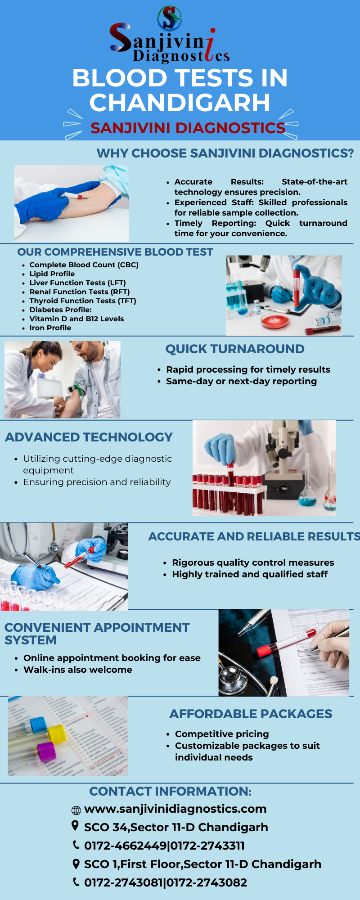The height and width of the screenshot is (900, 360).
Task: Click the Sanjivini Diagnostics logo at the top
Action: (170, 36)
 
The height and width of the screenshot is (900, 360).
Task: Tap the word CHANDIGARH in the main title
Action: (180, 103)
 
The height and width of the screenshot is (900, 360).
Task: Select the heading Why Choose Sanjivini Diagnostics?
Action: (225, 153)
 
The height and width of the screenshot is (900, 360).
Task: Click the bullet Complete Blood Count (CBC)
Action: (84, 265)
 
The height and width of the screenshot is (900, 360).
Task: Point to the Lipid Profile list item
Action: (52, 274)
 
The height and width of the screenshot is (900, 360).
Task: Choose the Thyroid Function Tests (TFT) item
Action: (82, 301)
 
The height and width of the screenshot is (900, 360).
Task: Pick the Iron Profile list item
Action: (50, 328)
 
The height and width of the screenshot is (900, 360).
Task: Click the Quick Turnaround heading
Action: (234, 349)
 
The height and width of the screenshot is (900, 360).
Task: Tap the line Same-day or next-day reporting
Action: (241, 381)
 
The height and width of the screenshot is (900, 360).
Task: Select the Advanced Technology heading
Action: (89, 437)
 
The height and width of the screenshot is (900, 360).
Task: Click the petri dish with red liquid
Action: (275, 321)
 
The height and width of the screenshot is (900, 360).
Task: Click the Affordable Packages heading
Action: (251, 714)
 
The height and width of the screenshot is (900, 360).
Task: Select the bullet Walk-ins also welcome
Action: (77, 670)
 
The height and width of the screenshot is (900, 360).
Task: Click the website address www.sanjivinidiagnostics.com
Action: (175, 809)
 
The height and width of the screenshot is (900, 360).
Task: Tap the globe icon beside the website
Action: (76, 810)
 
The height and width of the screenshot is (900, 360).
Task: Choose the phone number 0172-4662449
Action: (125, 846)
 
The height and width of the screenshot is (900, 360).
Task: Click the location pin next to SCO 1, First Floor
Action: (76, 864)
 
